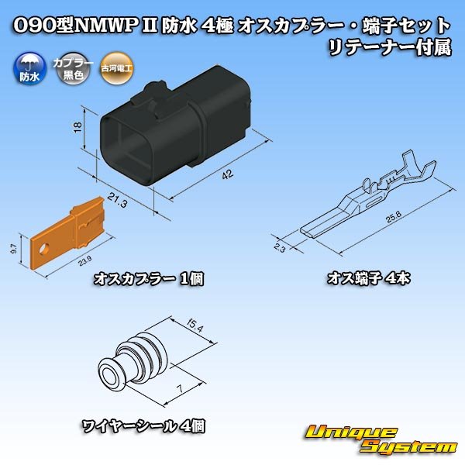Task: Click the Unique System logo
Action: [x=380, y=439]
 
